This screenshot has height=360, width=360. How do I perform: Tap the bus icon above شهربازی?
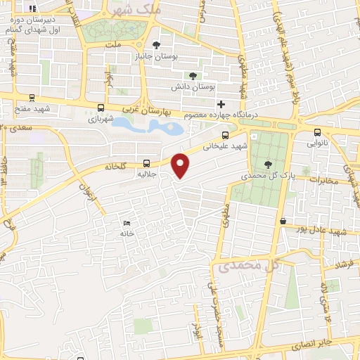pyautogui.click(x=101, y=109)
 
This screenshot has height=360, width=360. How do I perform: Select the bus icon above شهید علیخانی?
pyautogui.click(x=225, y=136)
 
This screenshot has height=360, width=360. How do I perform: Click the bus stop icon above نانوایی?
pyautogui.click(x=317, y=131)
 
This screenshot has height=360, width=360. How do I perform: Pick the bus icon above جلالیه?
pyautogui.click(x=146, y=160)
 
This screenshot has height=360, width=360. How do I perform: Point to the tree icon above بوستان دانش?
pyautogui.click(x=193, y=76)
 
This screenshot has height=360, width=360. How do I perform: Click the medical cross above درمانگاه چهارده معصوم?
pyautogui.click(x=221, y=104)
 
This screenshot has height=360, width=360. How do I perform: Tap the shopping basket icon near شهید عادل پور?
pyautogui.click(x=283, y=221)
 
